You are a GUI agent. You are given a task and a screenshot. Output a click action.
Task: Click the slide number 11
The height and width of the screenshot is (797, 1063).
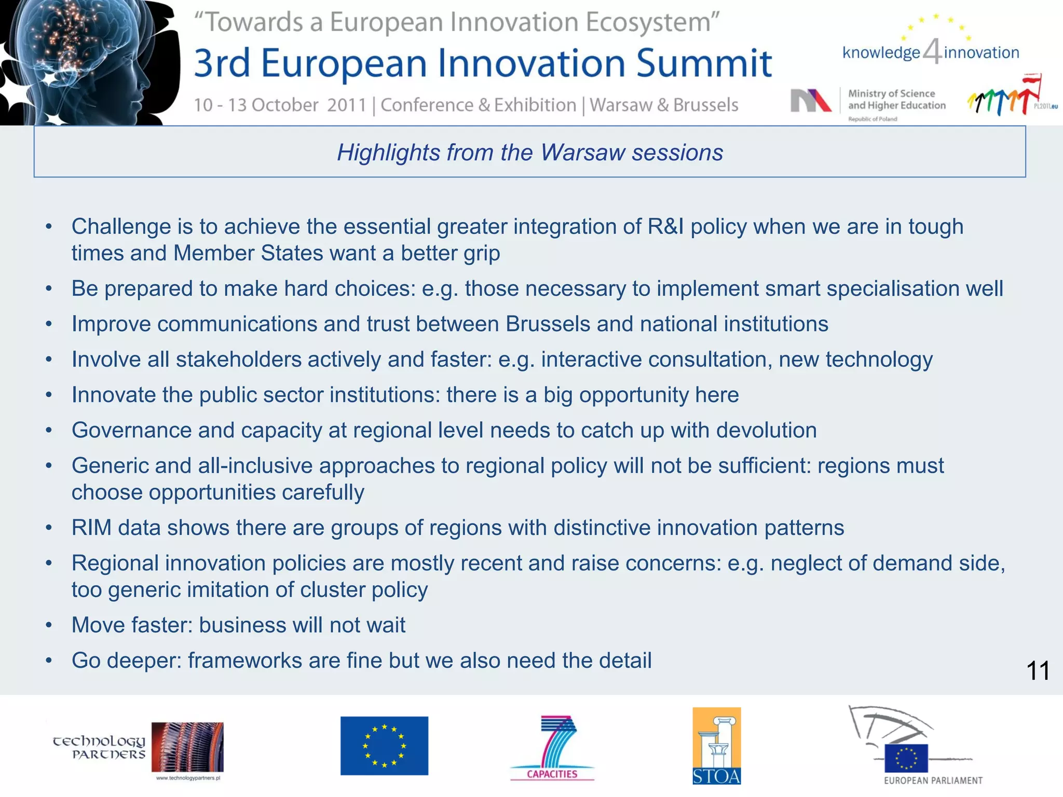(1038, 671)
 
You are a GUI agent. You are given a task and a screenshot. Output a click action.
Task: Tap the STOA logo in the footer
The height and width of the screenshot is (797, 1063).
(716, 746)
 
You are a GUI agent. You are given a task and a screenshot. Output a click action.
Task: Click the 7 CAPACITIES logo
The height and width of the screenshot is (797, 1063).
(553, 748)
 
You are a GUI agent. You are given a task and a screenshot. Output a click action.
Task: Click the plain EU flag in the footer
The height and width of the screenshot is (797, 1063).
(384, 746)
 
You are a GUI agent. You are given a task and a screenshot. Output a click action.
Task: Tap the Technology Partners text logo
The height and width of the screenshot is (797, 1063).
(99, 747)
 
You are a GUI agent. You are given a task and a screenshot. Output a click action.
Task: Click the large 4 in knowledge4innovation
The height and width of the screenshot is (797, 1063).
(932, 52)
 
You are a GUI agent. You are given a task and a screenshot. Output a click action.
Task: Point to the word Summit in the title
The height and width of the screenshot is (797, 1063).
(704, 64)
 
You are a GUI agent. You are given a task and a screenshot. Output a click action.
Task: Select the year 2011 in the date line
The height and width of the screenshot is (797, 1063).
(347, 105)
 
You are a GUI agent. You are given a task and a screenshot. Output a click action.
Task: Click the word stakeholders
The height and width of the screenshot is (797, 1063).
(239, 360)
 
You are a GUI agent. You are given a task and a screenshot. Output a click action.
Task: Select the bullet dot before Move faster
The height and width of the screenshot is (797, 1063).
(49, 625)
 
